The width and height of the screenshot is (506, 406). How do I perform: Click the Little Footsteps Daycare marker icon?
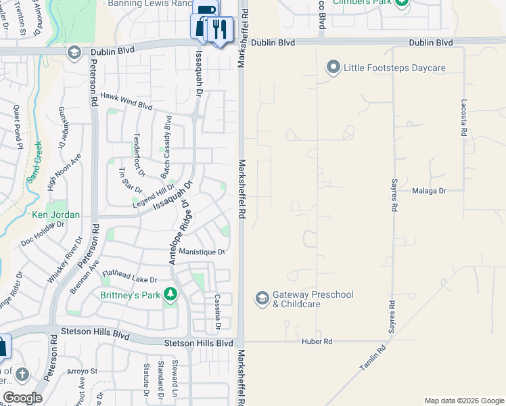(x=333, y=68)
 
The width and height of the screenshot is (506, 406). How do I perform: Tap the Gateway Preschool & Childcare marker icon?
(x=262, y=298)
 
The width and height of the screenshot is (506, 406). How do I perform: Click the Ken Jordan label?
(x=56, y=215)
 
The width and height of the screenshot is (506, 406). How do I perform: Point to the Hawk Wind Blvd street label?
(x=127, y=101)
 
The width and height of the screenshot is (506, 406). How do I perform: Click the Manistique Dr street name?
(x=202, y=252)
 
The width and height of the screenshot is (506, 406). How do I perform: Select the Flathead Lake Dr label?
(x=129, y=277)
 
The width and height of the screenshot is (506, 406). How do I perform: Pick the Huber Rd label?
(x=317, y=342)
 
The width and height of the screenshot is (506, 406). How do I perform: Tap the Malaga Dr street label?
(x=429, y=191)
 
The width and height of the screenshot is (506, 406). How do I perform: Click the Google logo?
(x=22, y=398)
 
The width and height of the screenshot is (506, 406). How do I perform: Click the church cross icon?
(x=22, y=374)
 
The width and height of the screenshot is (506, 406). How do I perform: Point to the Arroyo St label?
(x=82, y=371)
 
